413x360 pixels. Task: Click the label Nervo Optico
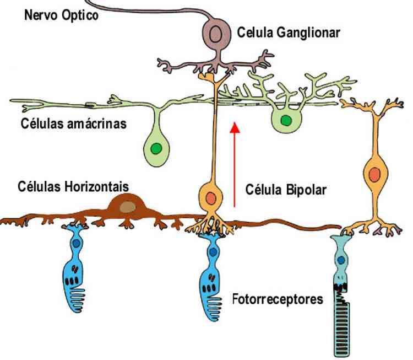tap(61, 15)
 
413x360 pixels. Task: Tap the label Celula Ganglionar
tap(289, 33)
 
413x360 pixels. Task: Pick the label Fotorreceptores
tap(278, 300)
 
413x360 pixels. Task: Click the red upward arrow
tap(235, 165)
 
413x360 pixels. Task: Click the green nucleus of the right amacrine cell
tap(285, 120)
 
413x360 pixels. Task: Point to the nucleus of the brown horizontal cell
tap(128, 206)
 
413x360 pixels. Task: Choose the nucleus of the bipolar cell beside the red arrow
tap(210, 197)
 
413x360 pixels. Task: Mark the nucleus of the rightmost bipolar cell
tap(374, 175)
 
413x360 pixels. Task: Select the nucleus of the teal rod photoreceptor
tap(342, 259)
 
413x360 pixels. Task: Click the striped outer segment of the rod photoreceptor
tap(344, 325)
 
